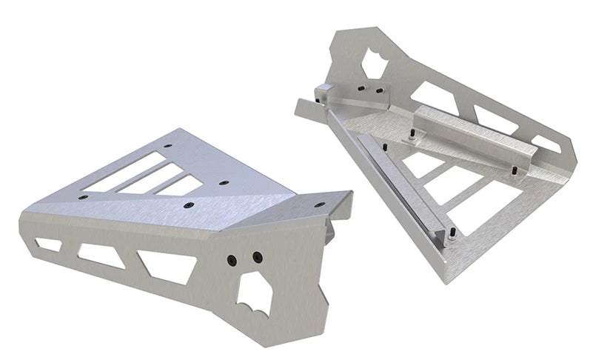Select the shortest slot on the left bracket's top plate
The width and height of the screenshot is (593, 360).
click(x=184, y=186)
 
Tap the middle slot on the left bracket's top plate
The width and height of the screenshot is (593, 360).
click(x=153, y=179)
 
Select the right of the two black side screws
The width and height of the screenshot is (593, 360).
click(x=257, y=257)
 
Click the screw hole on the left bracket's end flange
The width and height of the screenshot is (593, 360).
click(x=319, y=204)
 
